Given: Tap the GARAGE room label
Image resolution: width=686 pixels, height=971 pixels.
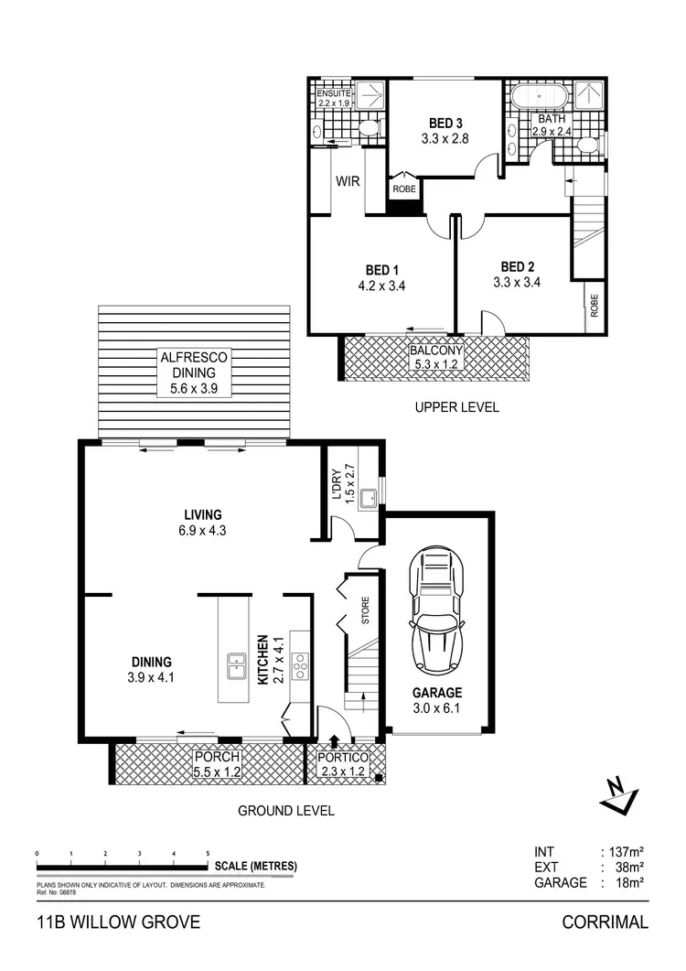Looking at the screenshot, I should [x=436, y=693].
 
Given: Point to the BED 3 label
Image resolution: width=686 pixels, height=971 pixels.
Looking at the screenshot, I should [x=445, y=124].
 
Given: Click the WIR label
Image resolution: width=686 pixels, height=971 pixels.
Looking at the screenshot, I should [x=348, y=182].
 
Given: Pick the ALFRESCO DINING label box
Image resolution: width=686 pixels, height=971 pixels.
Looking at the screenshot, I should [x=194, y=373].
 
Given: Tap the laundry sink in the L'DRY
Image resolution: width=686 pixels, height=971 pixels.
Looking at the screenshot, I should [x=370, y=499].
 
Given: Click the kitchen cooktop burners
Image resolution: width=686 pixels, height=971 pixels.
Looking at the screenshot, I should [x=301, y=670].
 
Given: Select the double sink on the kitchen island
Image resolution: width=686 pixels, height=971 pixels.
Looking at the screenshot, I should [x=234, y=665].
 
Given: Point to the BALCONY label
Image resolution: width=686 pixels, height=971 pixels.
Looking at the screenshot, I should [x=435, y=351].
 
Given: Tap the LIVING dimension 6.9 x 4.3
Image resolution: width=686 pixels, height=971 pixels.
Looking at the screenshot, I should [x=201, y=530].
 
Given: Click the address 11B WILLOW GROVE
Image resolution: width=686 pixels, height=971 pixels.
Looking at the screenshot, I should [x=117, y=922].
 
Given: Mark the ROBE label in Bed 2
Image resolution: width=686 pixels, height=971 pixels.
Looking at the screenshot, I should [x=594, y=305].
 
